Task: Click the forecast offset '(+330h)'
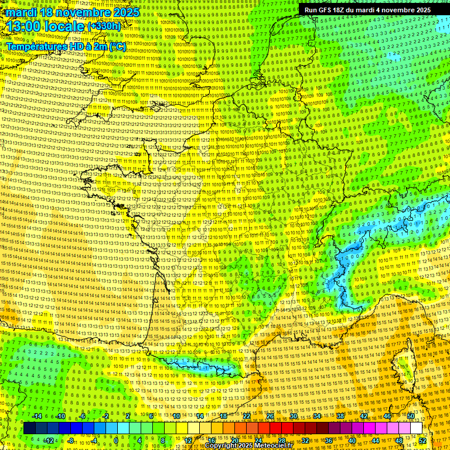click(105, 26)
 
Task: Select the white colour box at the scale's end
click(416, 428)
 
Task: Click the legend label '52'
click(423, 441)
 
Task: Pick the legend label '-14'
click(36, 416)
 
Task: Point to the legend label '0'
click(117, 441)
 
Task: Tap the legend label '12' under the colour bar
click(188, 441)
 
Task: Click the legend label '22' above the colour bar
click(247, 416)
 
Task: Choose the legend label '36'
click(329, 441)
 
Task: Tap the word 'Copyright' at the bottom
click(221, 446)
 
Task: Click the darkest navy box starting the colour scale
click(30, 428)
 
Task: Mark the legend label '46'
click(387, 416)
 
